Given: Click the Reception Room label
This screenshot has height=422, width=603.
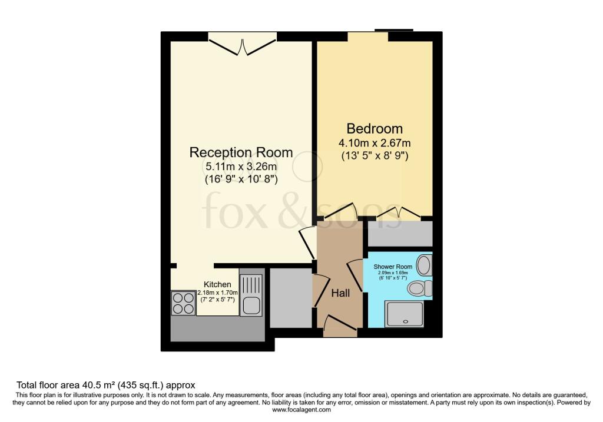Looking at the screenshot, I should click(x=241, y=152).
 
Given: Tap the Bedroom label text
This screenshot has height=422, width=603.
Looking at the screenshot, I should click(x=375, y=128).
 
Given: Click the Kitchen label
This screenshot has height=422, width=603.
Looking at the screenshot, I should click(x=217, y=284).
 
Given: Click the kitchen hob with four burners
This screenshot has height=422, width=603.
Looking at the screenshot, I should click(x=183, y=303).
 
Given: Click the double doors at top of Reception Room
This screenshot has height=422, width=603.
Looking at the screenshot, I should click(x=242, y=46).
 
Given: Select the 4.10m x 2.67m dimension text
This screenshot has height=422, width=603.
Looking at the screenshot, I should click(x=375, y=143).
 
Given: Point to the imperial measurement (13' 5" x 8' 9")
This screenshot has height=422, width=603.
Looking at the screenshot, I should click(x=375, y=156).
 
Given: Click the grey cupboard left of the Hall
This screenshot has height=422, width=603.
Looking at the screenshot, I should click(x=290, y=297).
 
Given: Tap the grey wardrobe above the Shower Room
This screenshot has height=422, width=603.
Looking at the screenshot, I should click(x=400, y=234).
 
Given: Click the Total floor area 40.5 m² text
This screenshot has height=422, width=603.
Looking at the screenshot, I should click(x=106, y=385).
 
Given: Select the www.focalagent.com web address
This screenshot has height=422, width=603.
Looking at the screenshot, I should click(x=301, y=410).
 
